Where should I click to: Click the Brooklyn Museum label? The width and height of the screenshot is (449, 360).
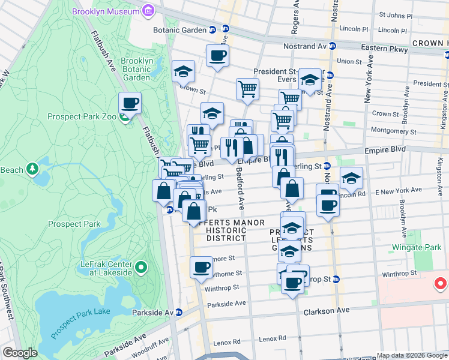106,11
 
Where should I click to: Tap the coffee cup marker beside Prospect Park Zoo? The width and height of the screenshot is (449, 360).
130,104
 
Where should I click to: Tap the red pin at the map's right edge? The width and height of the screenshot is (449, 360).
441,283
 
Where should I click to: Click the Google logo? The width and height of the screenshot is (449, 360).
20,353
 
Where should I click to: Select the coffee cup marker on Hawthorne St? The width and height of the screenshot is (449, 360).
201,267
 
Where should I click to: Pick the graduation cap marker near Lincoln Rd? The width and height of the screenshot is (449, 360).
351,178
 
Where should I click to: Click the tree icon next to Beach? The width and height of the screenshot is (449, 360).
31,170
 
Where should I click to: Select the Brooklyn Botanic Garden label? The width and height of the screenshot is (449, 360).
136,69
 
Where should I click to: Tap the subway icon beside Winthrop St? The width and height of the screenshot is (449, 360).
336,279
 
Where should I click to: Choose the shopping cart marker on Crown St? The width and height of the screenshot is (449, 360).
247,89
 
